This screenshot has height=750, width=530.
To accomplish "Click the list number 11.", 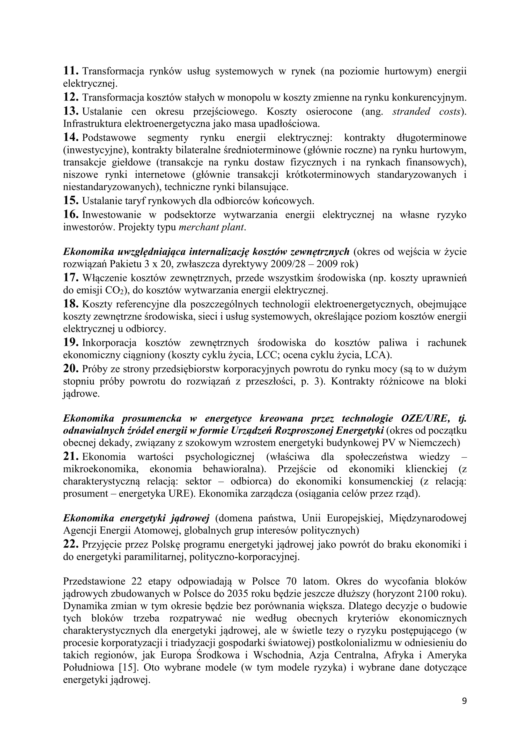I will (x=70, y=71).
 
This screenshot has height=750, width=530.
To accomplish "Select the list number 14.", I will (x=70, y=138).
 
